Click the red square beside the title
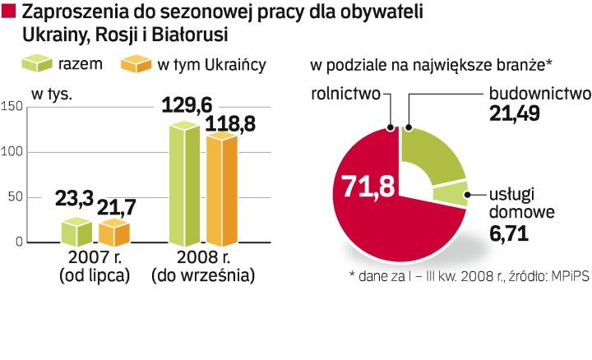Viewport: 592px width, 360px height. coord(10,12)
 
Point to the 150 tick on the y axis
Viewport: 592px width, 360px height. coord(12,106)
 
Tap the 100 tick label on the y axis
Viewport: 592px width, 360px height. coord(12,152)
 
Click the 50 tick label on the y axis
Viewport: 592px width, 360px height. coord(14,198)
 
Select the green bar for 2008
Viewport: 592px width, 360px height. coord(186,185)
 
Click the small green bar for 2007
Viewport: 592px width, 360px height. coord(76,233)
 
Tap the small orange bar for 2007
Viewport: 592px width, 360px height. coord(114,233)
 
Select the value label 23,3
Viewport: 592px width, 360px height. coord(76,200)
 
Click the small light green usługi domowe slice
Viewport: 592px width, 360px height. coord(450,195)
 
